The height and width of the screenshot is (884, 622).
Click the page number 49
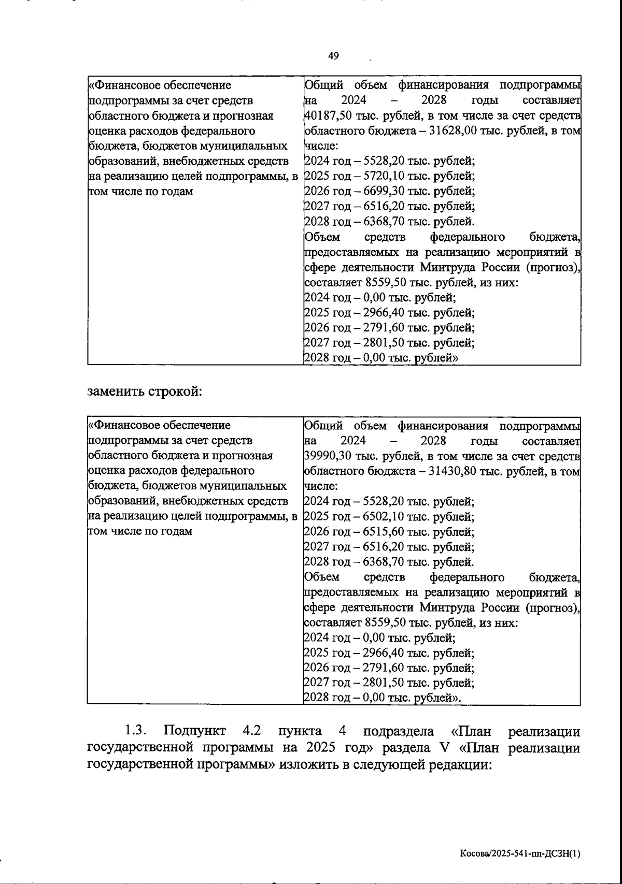333,56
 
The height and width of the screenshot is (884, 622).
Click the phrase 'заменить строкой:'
144,391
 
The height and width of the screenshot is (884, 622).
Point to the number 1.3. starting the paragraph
136,732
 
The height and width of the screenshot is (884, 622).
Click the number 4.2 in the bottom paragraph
251,732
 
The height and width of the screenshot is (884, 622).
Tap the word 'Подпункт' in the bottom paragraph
194,732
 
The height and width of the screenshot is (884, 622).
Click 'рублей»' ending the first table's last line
436,358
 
